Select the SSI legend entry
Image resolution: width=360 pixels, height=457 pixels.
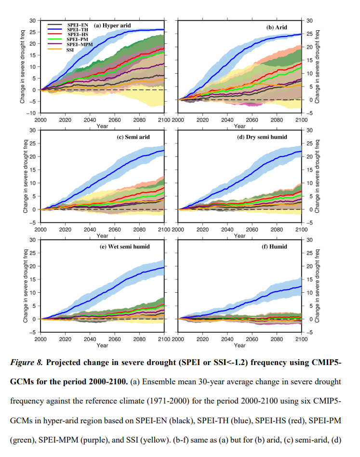coord(70,49)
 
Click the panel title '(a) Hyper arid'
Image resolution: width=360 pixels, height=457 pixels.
coord(112,26)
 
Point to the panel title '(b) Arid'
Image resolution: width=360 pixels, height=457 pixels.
coord(277,27)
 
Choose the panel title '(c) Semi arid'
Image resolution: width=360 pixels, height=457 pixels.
coord(133,137)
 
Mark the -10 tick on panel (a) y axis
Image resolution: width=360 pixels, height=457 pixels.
coord(32,113)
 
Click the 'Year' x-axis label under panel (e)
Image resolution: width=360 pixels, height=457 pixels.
coord(102,345)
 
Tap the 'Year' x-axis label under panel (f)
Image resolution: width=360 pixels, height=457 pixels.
coord(240,345)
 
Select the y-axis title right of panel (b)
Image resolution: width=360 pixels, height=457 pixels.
coord(319,66)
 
